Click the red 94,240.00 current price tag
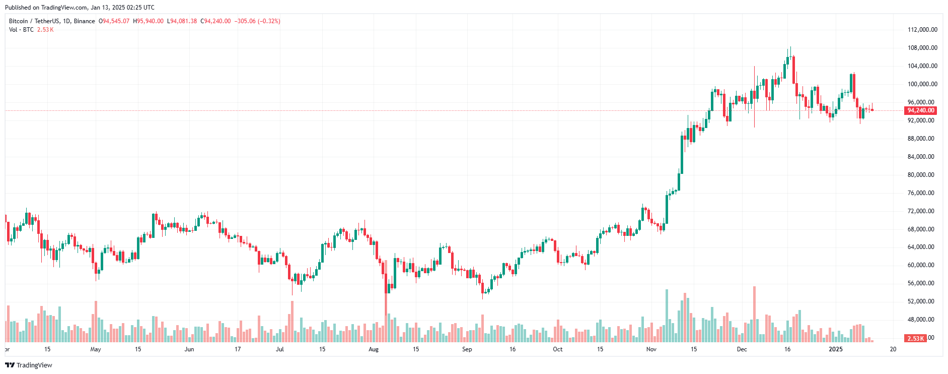[921, 110]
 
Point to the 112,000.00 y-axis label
[922, 30]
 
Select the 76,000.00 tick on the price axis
[921, 193]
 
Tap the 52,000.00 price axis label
[921, 301]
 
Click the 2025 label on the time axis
[835, 349]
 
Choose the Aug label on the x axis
[374, 349]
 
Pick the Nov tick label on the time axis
[651, 349]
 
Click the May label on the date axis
[95, 349]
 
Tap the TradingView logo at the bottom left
[29, 365]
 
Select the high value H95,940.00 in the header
[148, 21]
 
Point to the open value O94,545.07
[114, 21]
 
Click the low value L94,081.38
[182, 21]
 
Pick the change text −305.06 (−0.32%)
[257, 21]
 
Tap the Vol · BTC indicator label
[21, 30]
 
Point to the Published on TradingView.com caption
[80, 8]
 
